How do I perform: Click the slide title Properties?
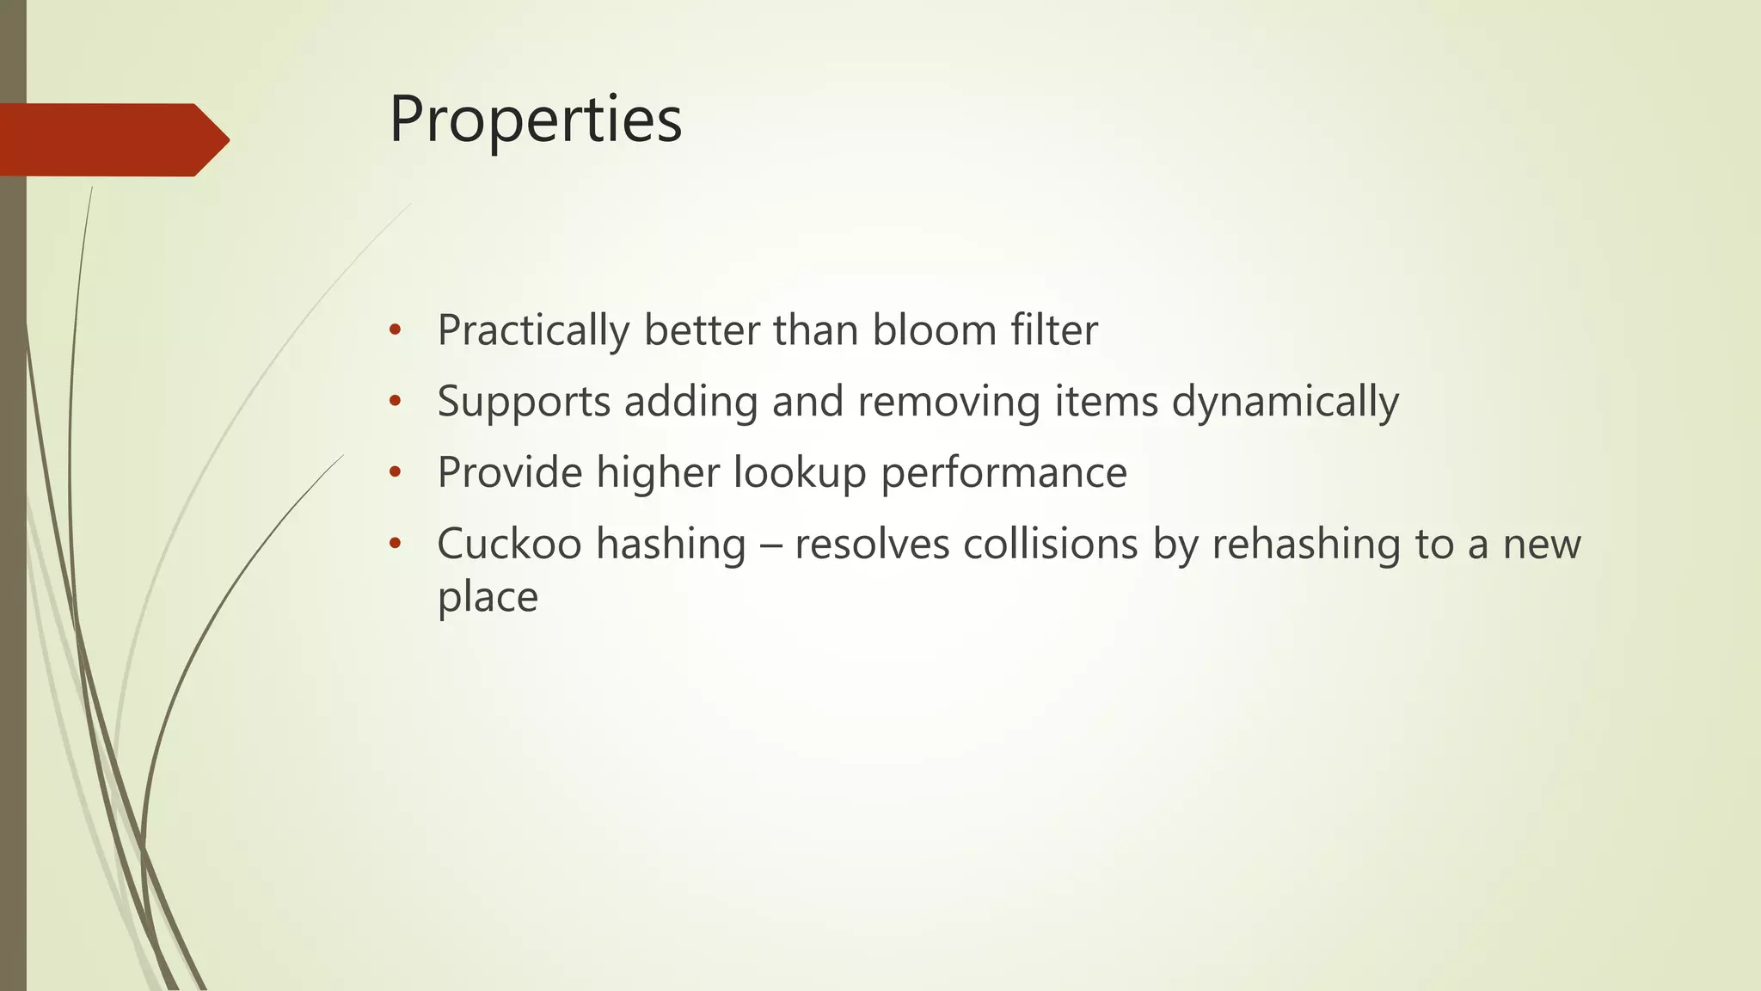(x=535, y=120)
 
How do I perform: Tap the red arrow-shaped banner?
(x=112, y=139)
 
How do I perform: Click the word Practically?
(x=532, y=331)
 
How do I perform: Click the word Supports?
(x=524, y=403)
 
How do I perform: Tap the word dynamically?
(x=1285, y=403)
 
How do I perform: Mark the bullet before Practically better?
(x=395, y=330)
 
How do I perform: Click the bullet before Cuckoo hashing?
(x=395, y=544)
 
